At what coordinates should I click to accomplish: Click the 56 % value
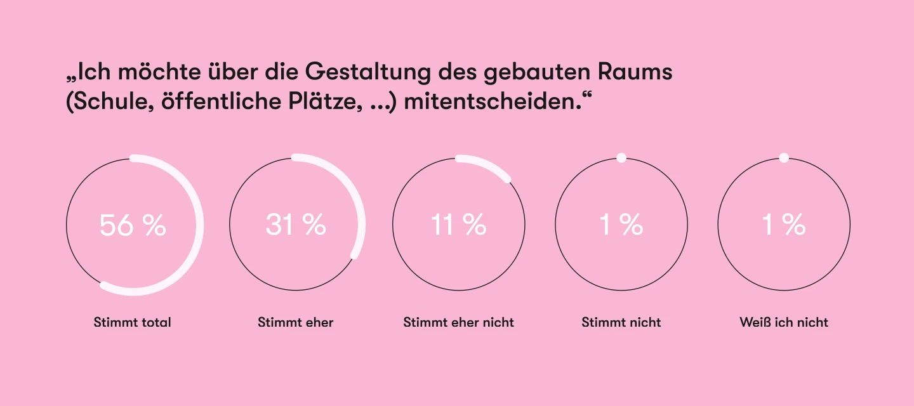(x=133, y=225)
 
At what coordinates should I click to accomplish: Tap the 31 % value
(x=296, y=225)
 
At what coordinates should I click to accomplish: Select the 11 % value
(x=459, y=225)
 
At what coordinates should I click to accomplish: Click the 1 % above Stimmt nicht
(x=621, y=225)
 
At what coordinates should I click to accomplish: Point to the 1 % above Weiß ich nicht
(x=784, y=225)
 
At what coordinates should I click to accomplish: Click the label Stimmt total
(x=133, y=322)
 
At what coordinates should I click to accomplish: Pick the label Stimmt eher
(x=296, y=322)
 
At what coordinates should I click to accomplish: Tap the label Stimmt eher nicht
(x=459, y=322)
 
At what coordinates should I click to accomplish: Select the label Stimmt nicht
(x=621, y=322)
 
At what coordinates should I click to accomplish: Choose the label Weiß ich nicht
(x=784, y=322)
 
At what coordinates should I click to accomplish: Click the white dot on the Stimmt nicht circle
(x=621, y=158)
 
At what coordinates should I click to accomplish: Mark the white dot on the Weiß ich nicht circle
(x=784, y=158)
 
